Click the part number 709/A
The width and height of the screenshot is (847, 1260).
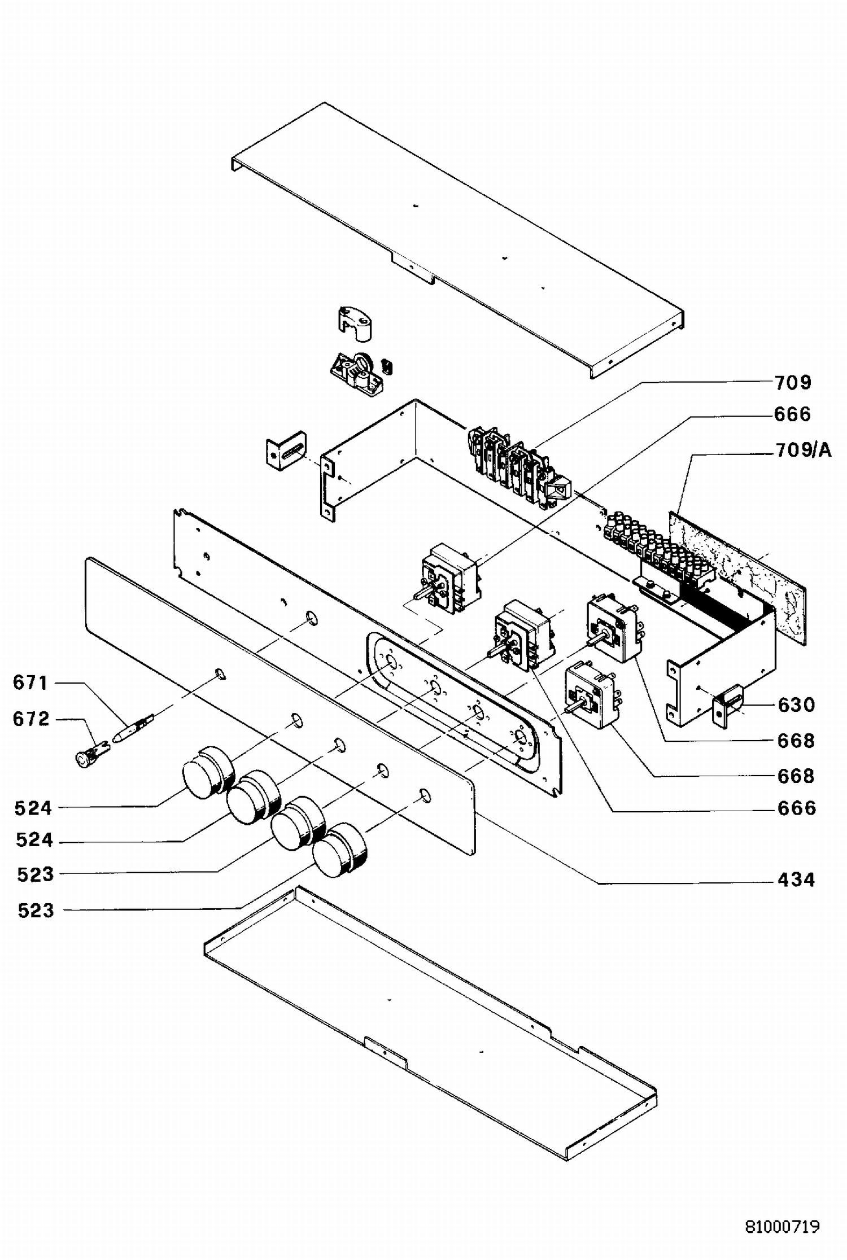pos(803,450)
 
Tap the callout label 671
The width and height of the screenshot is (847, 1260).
pos(30,683)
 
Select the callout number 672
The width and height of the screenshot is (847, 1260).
pos(31,719)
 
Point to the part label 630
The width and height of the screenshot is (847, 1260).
pos(796,705)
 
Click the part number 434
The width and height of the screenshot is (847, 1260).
pos(796,880)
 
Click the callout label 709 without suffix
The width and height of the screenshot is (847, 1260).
pos(793,382)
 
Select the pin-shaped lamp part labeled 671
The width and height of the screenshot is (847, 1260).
pos(134,728)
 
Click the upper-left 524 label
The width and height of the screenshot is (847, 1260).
pos(33,808)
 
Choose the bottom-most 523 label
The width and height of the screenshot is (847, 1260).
pos(36,910)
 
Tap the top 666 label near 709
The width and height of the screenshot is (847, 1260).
pos(793,414)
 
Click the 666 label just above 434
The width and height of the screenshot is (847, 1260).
pos(796,808)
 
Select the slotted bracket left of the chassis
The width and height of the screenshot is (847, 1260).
pos(286,450)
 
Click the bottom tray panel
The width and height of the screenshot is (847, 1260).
pos(431,1022)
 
